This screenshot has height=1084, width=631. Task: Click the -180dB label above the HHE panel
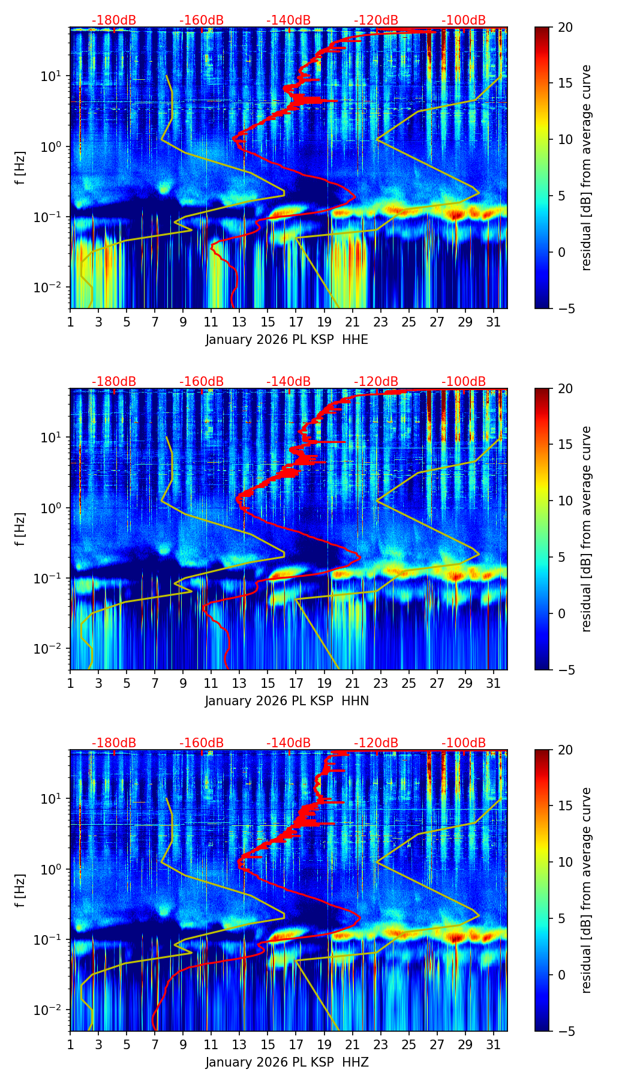point(114,20)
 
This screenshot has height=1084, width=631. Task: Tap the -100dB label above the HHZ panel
point(464,743)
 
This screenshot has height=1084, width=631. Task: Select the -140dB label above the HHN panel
point(289,382)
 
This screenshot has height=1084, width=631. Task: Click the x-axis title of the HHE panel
point(287,340)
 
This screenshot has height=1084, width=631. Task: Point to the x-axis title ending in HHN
point(287,701)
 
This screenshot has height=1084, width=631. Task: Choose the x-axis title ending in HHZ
point(287,1062)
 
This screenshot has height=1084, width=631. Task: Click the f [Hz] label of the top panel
point(20,168)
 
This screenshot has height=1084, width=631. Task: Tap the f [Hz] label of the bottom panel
point(20,891)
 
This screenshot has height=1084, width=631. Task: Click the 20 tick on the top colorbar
point(565,27)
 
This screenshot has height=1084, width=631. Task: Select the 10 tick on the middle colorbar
point(565,501)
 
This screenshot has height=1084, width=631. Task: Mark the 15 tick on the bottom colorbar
point(565,806)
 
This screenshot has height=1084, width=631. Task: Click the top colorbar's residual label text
point(587,168)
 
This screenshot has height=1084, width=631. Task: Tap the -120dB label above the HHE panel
point(376,20)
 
